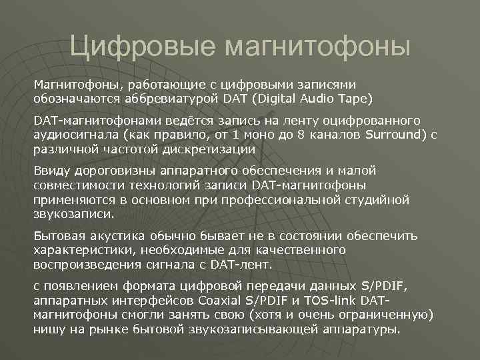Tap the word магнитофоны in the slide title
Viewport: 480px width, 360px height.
pyautogui.click(x=318, y=47)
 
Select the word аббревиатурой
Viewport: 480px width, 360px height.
pyautogui.click(x=166, y=99)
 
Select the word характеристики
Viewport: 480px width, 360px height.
pyautogui.click(x=81, y=250)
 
